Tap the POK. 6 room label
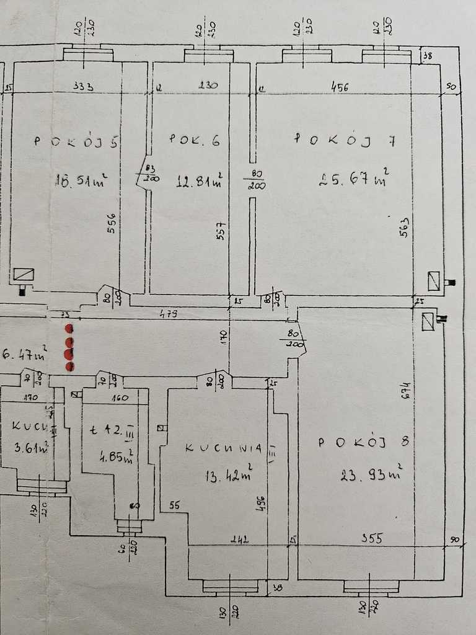(194, 141)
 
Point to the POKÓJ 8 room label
(363, 442)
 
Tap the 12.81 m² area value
(198, 180)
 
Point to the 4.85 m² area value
(115, 459)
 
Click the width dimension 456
(339, 87)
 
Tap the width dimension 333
(82, 87)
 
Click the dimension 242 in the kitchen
(239, 539)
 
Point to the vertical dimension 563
(405, 228)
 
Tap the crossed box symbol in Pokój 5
(24, 274)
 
